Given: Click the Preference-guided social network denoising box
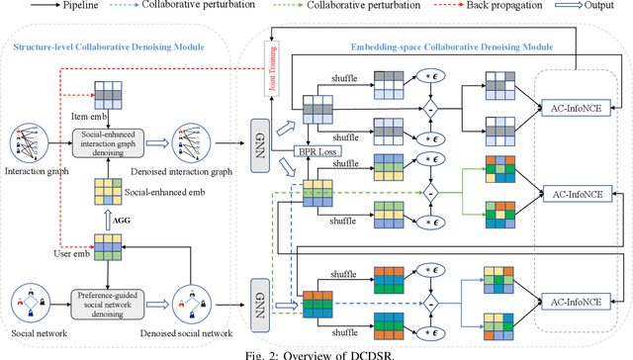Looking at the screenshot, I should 117,300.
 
